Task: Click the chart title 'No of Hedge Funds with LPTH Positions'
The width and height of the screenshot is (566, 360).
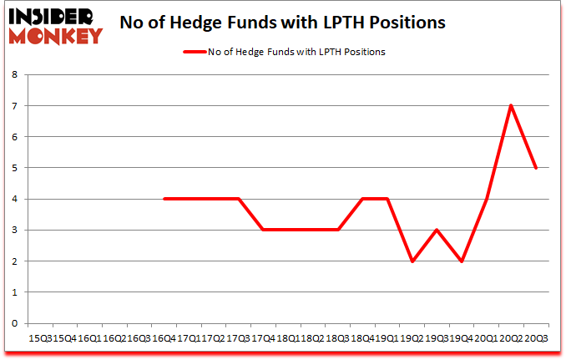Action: coord(282,23)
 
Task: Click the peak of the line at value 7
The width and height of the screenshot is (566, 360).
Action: coord(510,105)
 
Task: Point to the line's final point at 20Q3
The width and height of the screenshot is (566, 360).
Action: coord(535,168)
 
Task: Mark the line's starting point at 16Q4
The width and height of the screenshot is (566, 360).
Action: coord(164,199)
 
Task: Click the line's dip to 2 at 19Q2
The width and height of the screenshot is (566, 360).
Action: coord(412,261)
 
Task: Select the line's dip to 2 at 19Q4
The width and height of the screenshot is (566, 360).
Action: coord(461,261)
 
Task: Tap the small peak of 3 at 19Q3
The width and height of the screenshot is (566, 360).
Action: coord(436,230)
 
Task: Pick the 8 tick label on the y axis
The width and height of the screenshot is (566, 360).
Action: coord(16,74)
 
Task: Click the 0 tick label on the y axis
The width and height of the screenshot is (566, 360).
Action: coord(16,323)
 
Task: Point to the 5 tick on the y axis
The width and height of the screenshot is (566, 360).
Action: coord(16,168)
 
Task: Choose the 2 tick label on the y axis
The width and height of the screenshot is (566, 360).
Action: coord(16,261)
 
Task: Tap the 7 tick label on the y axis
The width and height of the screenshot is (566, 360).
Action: coord(16,105)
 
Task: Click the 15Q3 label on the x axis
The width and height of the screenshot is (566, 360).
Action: coord(40,339)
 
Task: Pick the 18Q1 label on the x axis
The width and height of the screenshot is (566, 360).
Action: coord(287,339)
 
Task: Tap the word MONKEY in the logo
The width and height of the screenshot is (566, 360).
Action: coord(57,35)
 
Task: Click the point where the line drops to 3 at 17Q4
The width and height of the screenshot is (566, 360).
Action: coord(263,230)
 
